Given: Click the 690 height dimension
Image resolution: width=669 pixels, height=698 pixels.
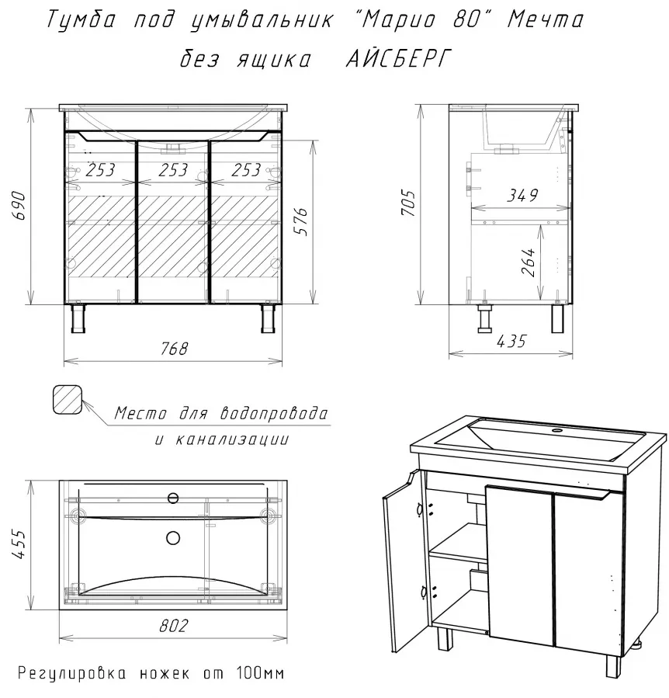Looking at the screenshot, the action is tap(19, 206).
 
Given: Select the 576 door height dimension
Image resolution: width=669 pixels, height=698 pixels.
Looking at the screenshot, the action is tap(301, 221).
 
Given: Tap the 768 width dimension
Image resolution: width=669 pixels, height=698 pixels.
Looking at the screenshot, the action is tap(174, 349).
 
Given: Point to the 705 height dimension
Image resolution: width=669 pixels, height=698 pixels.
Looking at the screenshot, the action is tap(408, 203).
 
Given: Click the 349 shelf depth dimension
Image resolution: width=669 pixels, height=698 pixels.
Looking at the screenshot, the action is tap(522, 195).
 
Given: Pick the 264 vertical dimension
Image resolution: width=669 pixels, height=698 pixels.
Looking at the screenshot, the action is tap(529, 262).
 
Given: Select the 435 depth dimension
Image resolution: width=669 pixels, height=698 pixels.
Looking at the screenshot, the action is tap(511, 342).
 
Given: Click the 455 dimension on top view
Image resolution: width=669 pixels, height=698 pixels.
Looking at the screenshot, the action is tap(19, 544).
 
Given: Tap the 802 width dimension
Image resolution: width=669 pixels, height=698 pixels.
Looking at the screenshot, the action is tap(174, 626).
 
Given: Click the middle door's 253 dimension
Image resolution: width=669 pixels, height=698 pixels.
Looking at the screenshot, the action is tap(173, 169).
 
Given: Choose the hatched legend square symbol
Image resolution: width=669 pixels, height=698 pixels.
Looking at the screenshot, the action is tap(68, 399).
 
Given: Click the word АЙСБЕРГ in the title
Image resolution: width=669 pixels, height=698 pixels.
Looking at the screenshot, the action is tap(399, 58).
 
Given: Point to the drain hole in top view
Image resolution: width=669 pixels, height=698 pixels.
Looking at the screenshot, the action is tap(173, 538).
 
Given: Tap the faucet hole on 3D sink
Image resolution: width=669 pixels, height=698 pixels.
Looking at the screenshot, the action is tap(556, 430).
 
